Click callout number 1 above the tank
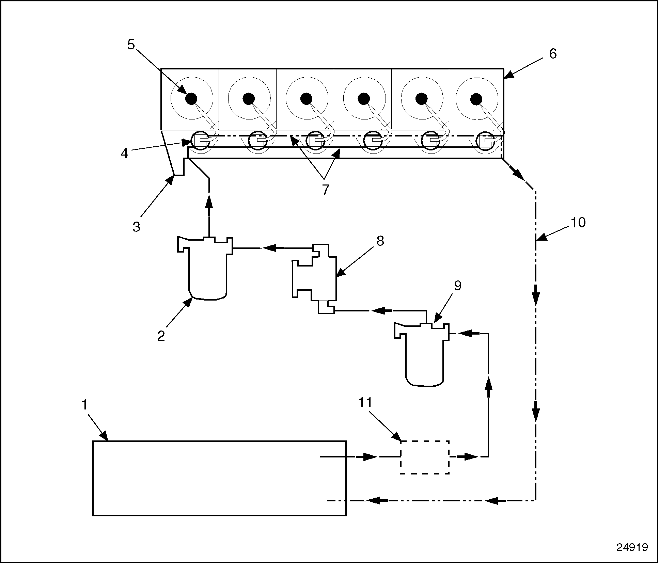point(84,405)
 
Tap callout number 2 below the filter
point(161,336)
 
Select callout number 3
point(137,226)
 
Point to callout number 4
point(125,153)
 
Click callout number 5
point(131,45)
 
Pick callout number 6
point(553,53)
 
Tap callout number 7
point(326,189)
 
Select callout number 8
point(380,241)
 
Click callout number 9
point(458,286)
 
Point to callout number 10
point(578,222)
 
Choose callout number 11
point(365,402)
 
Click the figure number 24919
point(632,547)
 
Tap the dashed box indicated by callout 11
point(425,457)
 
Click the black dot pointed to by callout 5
point(191,99)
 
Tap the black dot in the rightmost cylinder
point(476,99)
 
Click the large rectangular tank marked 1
point(219,478)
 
